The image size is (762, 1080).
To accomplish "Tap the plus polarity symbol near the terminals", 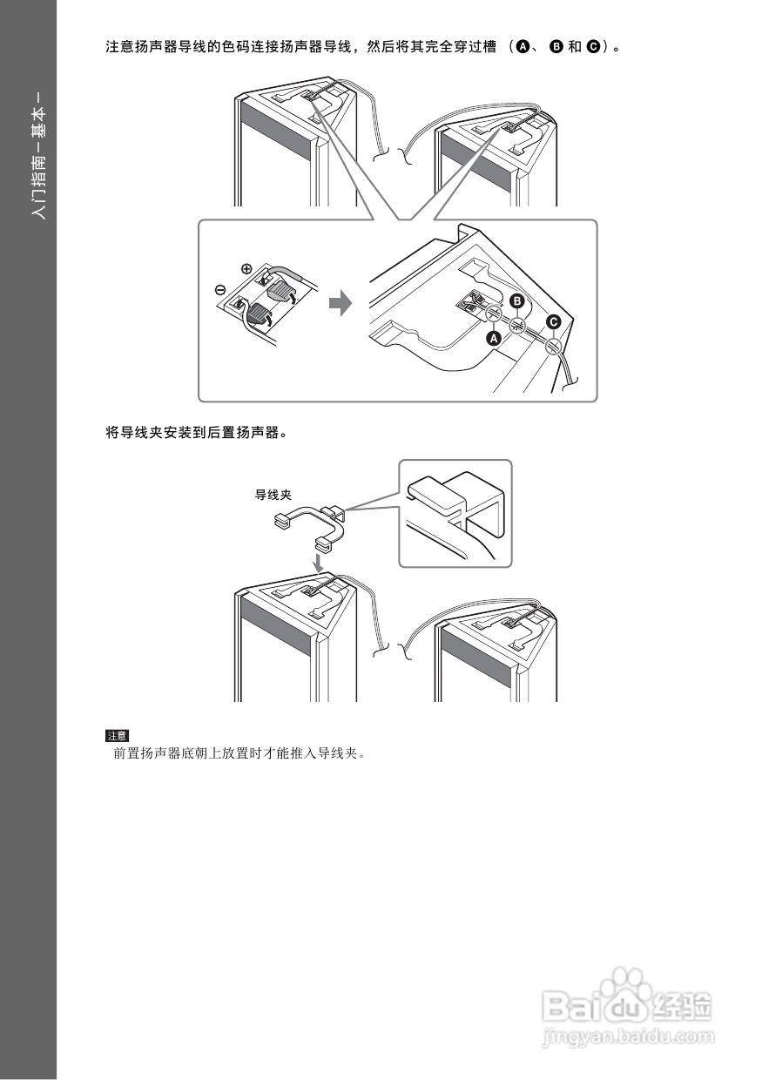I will coord(246,269).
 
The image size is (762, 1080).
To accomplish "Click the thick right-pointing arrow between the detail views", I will coord(341,304).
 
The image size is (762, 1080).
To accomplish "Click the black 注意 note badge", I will coord(117,735).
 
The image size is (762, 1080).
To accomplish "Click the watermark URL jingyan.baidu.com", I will coord(628,1037).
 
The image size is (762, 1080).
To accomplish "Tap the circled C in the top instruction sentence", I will coord(593,47).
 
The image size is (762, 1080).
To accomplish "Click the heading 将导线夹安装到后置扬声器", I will coord(196,432).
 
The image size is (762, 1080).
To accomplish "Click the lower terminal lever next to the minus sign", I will coord(259,314).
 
